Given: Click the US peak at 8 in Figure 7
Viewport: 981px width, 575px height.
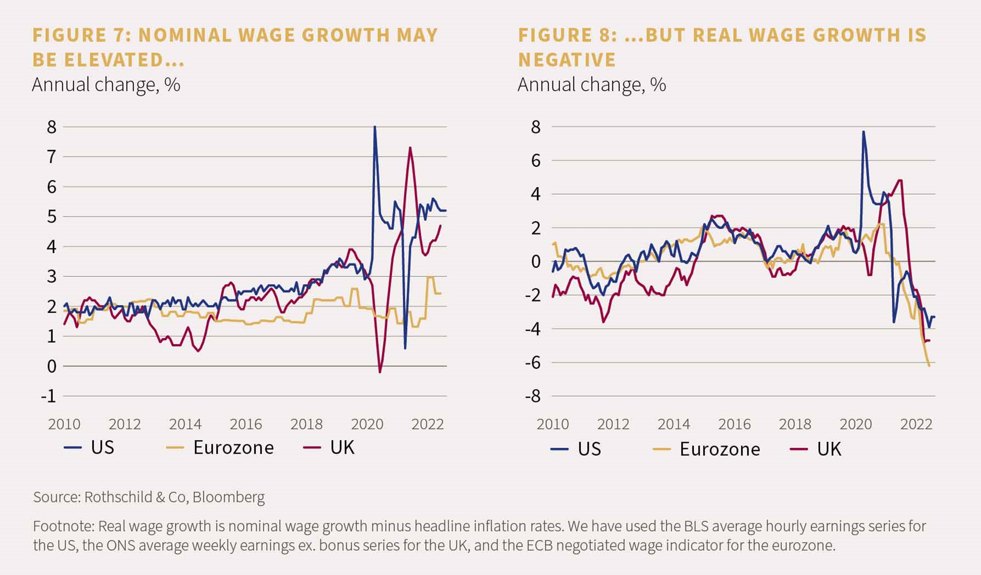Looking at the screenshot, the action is click(x=374, y=127).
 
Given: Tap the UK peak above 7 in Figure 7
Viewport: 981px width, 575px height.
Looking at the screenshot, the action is click(x=410, y=147).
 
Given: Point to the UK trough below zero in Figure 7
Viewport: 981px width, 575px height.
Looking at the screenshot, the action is click(x=379, y=372).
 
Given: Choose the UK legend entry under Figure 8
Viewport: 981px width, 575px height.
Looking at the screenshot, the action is click(x=816, y=449).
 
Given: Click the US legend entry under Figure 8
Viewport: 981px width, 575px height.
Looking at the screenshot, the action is click(x=576, y=449).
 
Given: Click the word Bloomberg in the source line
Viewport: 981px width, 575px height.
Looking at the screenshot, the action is click(x=229, y=497).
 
